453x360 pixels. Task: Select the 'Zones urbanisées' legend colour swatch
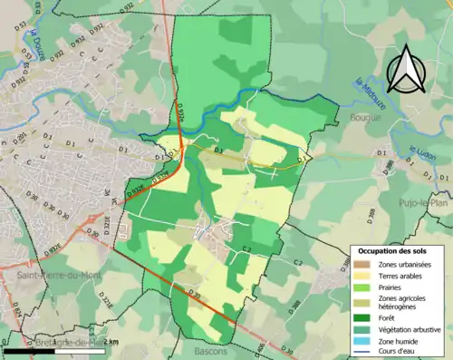362,264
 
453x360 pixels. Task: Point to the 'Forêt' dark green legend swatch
362,317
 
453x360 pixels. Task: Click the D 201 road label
18,137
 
